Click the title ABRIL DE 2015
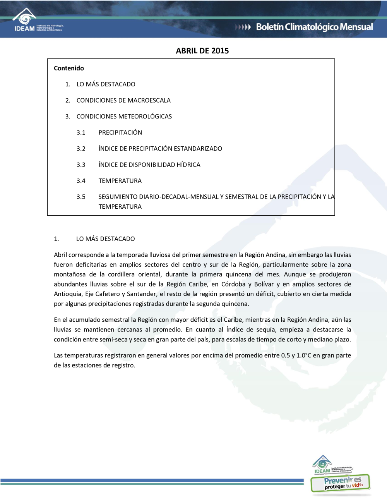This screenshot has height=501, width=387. (x=202, y=51)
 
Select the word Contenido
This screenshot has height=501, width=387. (x=69, y=68)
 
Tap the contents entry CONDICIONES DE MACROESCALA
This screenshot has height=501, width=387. (x=123, y=100)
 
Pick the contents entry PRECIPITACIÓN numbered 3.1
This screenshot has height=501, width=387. (x=120, y=132)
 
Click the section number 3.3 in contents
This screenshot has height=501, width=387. (x=81, y=165)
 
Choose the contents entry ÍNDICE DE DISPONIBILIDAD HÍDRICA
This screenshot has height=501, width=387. (x=149, y=165)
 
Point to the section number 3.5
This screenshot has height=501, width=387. (x=81, y=197)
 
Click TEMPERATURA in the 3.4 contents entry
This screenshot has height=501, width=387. (x=120, y=181)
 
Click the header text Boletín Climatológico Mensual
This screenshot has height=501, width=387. (x=314, y=27)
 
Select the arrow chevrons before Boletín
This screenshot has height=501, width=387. (x=243, y=27)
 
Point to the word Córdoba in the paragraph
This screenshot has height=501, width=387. (x=233, y=284)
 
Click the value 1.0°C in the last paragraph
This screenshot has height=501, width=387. (x=303, y=355)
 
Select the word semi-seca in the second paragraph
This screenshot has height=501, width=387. (x=113, y=340)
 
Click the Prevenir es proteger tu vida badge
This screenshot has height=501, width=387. (x=341, y=483)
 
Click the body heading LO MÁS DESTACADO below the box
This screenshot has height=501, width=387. (x=105, y=239)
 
